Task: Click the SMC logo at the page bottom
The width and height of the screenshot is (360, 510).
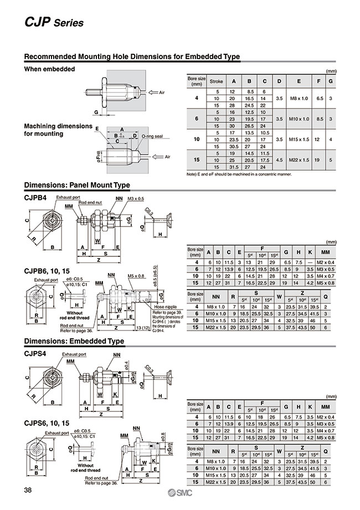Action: tap(180, 493)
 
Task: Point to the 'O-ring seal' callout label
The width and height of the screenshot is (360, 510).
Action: tap(152, 136)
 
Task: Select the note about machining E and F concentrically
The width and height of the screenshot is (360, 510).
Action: tap(239, 174)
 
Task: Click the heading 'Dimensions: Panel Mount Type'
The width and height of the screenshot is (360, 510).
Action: tap(77, 185)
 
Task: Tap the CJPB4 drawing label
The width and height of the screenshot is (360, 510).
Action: tap(37, 198)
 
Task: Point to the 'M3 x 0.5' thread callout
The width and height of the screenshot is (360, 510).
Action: tap(135, 198)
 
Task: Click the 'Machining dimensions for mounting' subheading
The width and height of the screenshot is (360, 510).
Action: tap(58, 130)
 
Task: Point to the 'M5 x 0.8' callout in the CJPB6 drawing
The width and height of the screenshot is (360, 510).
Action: tap(136, 275)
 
